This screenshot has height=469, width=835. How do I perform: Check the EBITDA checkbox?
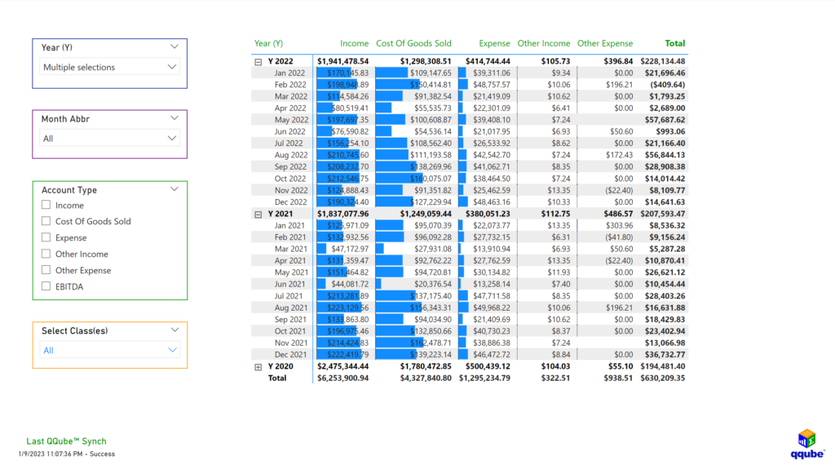[46, 286]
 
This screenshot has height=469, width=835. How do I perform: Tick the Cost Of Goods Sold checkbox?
[46, 221]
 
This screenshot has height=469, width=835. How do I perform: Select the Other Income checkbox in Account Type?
[46, 254]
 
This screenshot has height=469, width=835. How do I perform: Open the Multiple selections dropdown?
[109, 67]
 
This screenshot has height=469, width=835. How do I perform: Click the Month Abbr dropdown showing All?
[109, 139]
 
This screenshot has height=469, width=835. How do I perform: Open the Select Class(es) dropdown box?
[109, 350]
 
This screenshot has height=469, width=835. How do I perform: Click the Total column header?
[674, 43]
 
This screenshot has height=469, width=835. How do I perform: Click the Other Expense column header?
[604, 43]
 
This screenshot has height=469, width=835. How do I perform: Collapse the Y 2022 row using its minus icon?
[258, 61]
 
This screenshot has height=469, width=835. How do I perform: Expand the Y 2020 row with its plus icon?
[258, 367]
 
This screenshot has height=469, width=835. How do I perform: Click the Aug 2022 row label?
[290, 155]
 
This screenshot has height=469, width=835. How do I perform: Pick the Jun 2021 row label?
[290, 284]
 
